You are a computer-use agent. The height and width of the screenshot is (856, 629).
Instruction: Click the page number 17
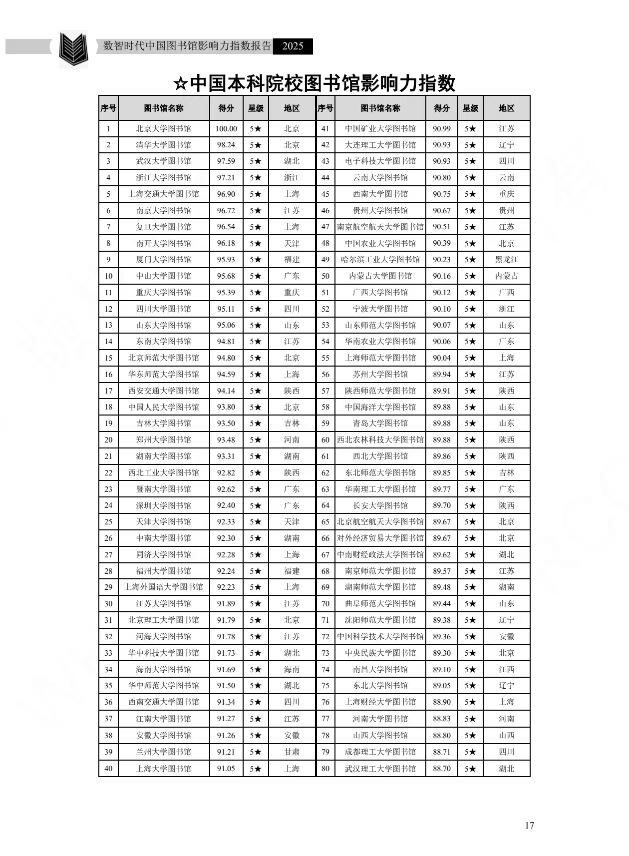(x=529, y=825)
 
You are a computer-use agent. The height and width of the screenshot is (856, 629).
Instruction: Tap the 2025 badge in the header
(x=293, y=46)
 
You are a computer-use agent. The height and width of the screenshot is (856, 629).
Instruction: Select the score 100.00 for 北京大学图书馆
(x=226, y=128)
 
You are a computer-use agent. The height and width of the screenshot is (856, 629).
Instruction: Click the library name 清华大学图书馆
(x=163, y=145)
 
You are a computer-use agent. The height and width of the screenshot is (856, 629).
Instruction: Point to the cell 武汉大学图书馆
(x=163, y=161)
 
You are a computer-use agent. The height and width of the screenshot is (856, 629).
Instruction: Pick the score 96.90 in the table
(x=226, y=194)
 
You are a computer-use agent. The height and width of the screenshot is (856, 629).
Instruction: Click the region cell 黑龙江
(x=506, y=260)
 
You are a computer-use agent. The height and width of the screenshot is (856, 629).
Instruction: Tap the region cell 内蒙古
(x=506, y=276)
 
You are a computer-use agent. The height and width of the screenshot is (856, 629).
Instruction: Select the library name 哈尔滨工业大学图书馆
(x=380, y=260)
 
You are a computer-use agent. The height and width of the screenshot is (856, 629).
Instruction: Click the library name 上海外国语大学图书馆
(x=163, y=587)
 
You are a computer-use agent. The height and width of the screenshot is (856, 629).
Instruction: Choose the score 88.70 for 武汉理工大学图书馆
(x=442, y=769)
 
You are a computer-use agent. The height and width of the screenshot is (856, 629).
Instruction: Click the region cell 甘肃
(x=292, y=752)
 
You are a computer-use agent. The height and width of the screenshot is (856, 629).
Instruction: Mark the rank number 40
(x=108, y=769)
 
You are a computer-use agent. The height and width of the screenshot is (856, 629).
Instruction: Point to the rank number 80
(x=325, y=769)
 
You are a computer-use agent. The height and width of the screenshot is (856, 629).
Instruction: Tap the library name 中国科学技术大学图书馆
(x=380, y=636)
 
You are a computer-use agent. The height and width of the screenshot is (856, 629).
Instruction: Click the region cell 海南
(x=292, y=669)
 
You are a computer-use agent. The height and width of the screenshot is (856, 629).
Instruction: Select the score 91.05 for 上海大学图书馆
(x=226, y=769)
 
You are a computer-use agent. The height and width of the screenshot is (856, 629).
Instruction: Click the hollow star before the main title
(x=180, y=84)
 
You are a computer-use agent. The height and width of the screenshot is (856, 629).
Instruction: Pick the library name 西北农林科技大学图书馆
(x=380, y=440)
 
